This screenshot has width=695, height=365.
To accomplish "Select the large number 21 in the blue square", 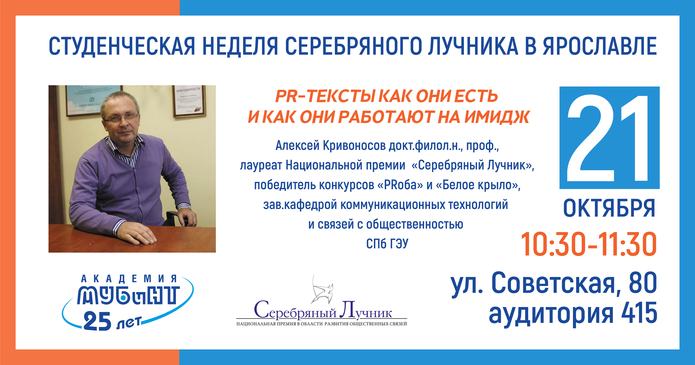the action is pos(608,138).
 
